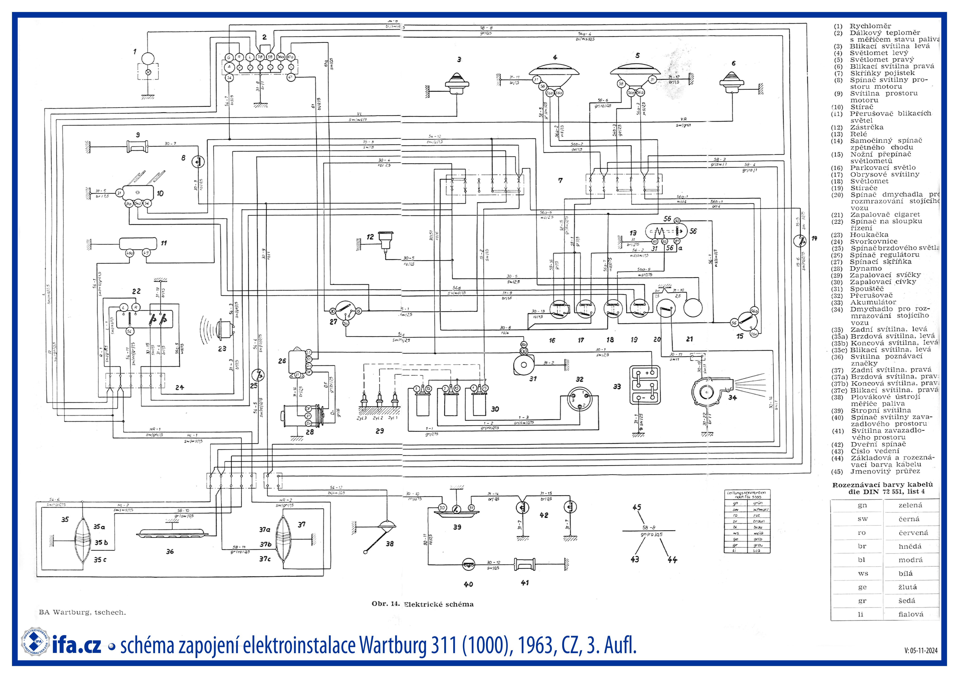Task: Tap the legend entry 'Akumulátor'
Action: [873, 302]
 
